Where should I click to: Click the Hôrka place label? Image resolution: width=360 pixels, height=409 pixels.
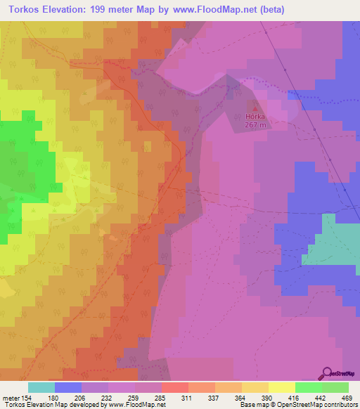coord(255,117)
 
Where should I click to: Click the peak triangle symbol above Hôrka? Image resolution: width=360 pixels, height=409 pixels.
coord(255,108)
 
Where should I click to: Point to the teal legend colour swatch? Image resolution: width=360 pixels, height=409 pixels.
coord(41,387)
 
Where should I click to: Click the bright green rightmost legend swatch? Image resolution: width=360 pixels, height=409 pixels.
coord(335,387)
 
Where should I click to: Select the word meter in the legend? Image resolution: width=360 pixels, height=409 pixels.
coord(10,398)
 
